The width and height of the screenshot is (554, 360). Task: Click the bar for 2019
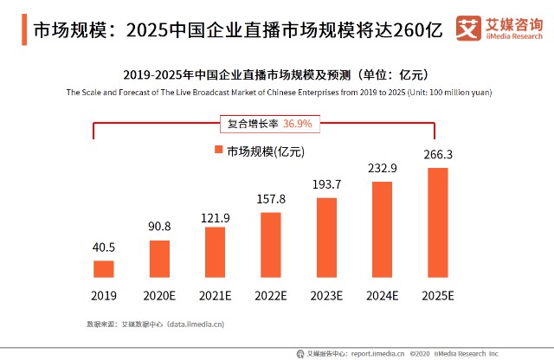click(x=103, y=268)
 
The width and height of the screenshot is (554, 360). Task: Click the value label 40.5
click(x=103, y=247)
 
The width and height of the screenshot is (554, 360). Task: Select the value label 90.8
click(x=159, y=228)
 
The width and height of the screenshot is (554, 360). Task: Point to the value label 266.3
click(x=438, y=154)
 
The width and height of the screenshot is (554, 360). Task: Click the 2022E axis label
click(x=271, y=296)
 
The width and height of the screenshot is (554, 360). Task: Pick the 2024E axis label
click(x=382, y=296)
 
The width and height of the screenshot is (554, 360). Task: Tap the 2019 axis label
click(x=103, y=296)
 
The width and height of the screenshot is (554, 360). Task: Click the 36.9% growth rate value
click(x=297, y=124)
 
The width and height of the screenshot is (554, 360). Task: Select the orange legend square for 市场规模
click(x=219, y=151)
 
